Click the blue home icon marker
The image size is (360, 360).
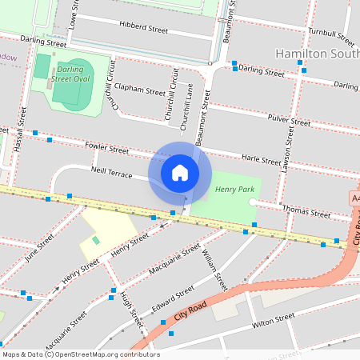tap(180, 172)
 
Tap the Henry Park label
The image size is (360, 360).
tap(234, 190)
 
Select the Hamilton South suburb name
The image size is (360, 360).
tap(316, 53)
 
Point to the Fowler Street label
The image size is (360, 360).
tap(106, 149)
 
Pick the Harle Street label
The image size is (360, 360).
tap(261, 160)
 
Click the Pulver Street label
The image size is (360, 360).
tap(290, 121)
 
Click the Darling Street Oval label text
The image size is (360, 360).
tap(70, 74)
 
